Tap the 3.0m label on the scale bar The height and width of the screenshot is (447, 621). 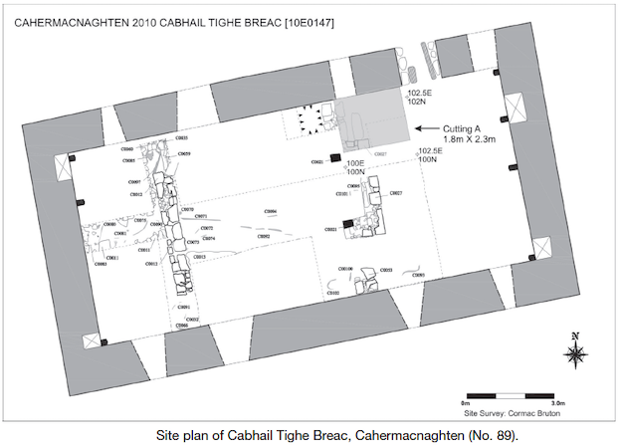pos(558,402)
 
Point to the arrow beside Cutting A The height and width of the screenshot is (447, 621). pos(429,128)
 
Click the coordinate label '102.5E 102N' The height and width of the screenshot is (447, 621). pos(417,98)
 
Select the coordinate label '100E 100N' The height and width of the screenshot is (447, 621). pos(355,166)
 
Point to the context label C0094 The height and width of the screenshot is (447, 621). pos(270,212)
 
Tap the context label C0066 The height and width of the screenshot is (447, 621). pos(182,327)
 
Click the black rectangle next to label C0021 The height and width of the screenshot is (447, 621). pos(346,224)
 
